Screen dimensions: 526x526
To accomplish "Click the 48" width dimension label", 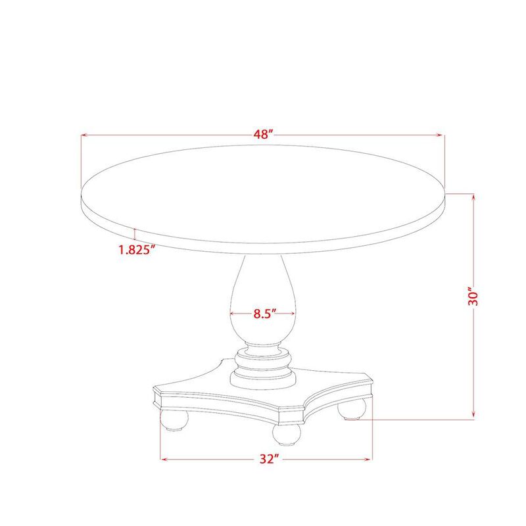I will tap(263, 135).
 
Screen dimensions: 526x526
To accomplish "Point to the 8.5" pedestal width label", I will tap(263, 314).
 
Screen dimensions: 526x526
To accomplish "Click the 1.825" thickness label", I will tap(136, 249).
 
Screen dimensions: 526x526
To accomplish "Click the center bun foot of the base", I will tap(287, 435).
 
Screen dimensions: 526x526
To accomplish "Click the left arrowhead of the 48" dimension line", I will tap(84, 136).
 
